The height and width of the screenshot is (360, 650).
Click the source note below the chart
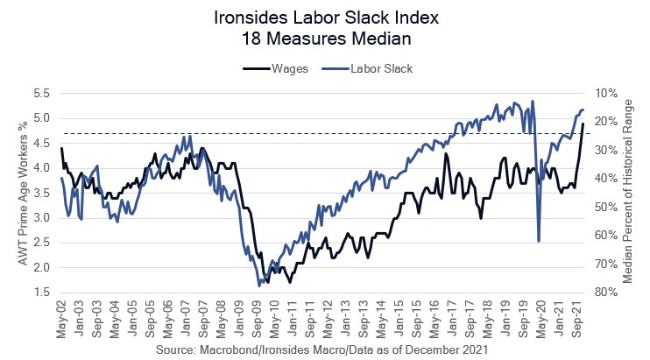click(324, 349)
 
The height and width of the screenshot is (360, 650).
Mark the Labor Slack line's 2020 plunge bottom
click(538, 241)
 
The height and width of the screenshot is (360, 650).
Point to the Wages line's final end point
click(583, 124)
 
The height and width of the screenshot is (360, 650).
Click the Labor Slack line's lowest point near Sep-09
click(259, 286)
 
